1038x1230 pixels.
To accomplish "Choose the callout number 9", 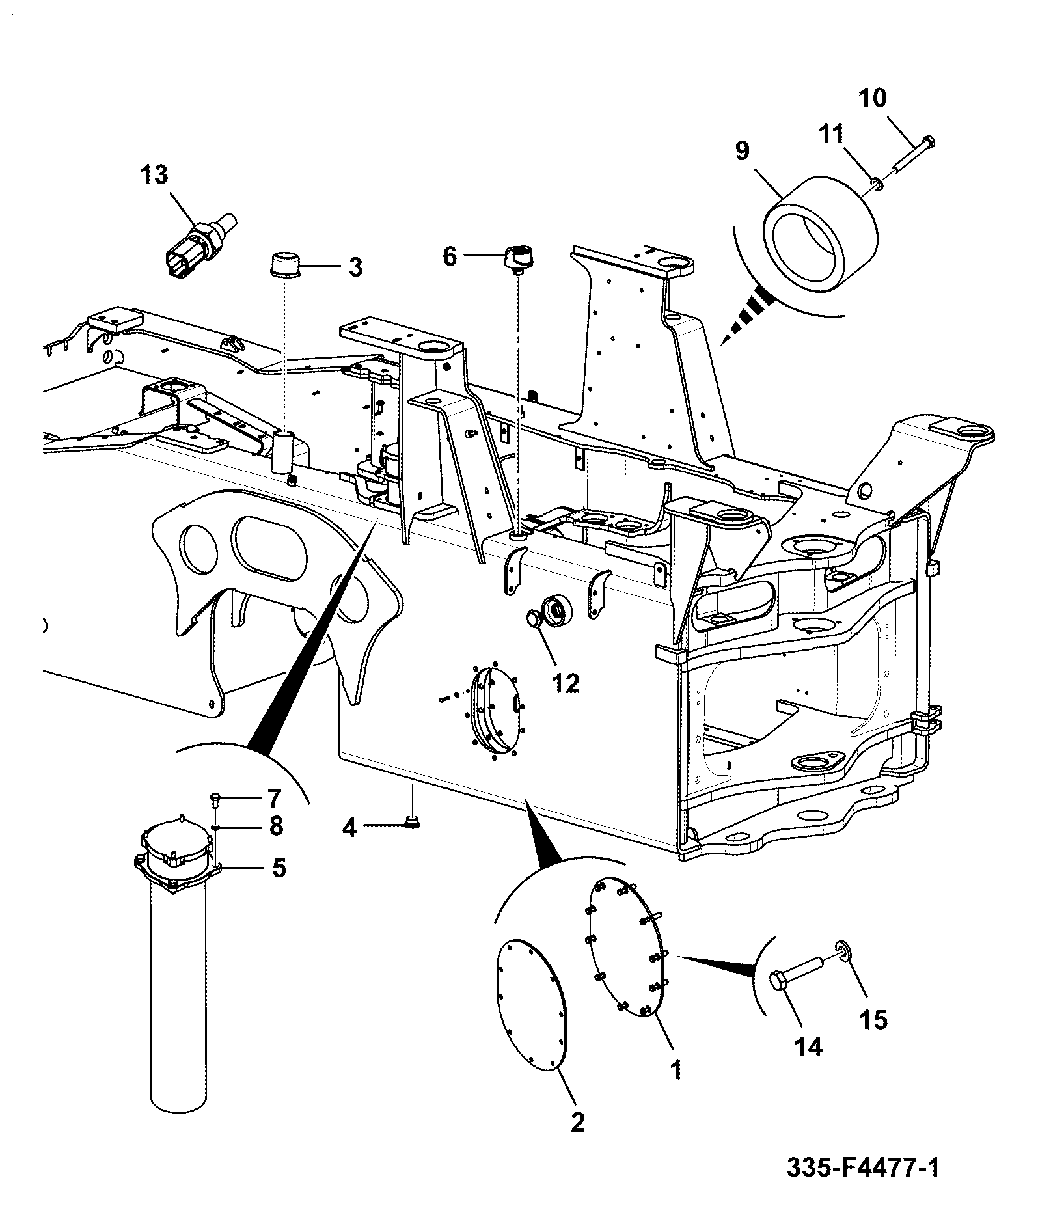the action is point(742,150).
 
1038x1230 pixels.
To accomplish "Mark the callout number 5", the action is point(279,868).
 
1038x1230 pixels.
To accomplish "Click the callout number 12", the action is point(566,683).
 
